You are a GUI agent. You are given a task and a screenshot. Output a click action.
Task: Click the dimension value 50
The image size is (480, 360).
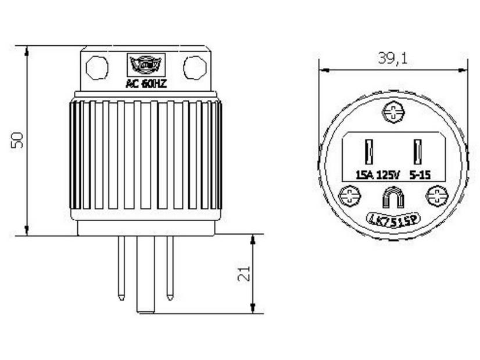coord(17,139)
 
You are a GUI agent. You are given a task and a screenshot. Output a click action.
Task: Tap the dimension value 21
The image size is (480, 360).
coord(245,273)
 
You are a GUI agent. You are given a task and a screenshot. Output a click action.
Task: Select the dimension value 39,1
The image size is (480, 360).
coord(392,59)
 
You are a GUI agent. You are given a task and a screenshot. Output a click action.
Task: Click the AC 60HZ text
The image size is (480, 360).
coord(146,84)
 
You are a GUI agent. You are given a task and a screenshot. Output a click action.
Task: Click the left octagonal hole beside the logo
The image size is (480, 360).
coord(97,67)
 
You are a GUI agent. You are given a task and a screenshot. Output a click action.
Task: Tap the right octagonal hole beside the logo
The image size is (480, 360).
coord(195,67)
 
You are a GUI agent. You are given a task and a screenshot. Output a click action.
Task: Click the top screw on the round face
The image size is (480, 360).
coord(393,111)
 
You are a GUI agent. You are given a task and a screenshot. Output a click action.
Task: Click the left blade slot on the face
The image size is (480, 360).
coord(368,152)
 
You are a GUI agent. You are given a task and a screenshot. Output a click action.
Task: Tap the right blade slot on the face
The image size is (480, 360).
coord(417,152)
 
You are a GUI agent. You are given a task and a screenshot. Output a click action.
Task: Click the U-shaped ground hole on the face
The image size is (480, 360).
coord(393,198)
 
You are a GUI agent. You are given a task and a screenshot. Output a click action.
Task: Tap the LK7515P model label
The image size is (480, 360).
coord(393,219)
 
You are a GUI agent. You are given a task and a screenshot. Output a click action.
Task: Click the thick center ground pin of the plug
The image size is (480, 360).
coord(146,273)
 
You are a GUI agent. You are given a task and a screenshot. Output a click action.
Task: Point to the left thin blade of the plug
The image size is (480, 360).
coord(121,267)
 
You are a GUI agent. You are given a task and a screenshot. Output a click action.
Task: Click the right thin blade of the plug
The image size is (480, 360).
coord(170,267)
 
